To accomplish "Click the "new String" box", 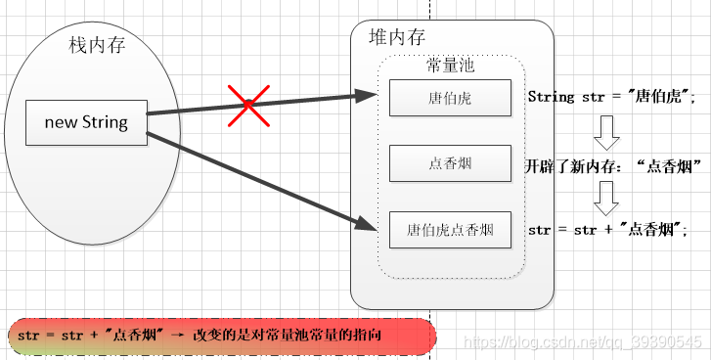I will coord(86,122).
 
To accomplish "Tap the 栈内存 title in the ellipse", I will coord(97,45).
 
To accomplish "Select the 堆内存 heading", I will coord(398,37).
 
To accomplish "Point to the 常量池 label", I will coord(451,66).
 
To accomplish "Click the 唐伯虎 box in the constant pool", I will coord(450,98).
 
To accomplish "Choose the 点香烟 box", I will coord(450,163).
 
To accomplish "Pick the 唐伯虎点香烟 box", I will coord(450,231).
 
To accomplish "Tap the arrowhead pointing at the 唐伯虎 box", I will coord(367,96).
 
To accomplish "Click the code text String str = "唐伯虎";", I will coord(610,97).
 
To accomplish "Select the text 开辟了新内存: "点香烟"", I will coord(615,164).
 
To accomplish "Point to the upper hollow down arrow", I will coord(606,129).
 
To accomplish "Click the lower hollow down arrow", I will coord(606,199).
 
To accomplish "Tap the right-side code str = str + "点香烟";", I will coord(607,231).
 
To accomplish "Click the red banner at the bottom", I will coord(219,336).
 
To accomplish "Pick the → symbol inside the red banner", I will coord(178,336).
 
